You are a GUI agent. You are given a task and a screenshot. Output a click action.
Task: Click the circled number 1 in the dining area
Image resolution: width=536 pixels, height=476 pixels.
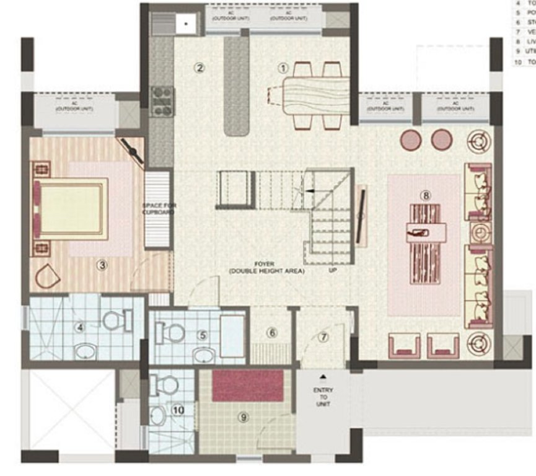[283, 68]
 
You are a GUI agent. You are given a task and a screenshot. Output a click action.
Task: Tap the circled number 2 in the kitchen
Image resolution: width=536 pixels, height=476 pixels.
[199, 68]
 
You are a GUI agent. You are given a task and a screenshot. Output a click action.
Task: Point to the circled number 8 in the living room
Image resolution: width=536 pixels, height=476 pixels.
[426, 195]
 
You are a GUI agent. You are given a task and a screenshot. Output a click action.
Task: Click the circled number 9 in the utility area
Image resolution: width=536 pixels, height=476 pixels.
[244, 417]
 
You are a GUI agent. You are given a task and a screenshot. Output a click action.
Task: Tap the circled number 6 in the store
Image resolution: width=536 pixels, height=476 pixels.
[271, 332]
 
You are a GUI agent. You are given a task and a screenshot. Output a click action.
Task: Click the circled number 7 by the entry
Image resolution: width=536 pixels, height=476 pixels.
[323, 337]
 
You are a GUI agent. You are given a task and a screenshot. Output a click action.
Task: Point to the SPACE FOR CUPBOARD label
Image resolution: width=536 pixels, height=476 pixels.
[158, 208]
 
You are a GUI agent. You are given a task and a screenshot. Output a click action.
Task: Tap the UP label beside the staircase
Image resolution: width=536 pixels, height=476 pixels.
[333, 270]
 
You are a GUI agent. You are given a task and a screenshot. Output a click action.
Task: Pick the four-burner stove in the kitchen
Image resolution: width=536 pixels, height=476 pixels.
[162, 102]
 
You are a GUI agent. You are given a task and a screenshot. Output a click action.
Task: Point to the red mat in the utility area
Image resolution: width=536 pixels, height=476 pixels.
[248, 385]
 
